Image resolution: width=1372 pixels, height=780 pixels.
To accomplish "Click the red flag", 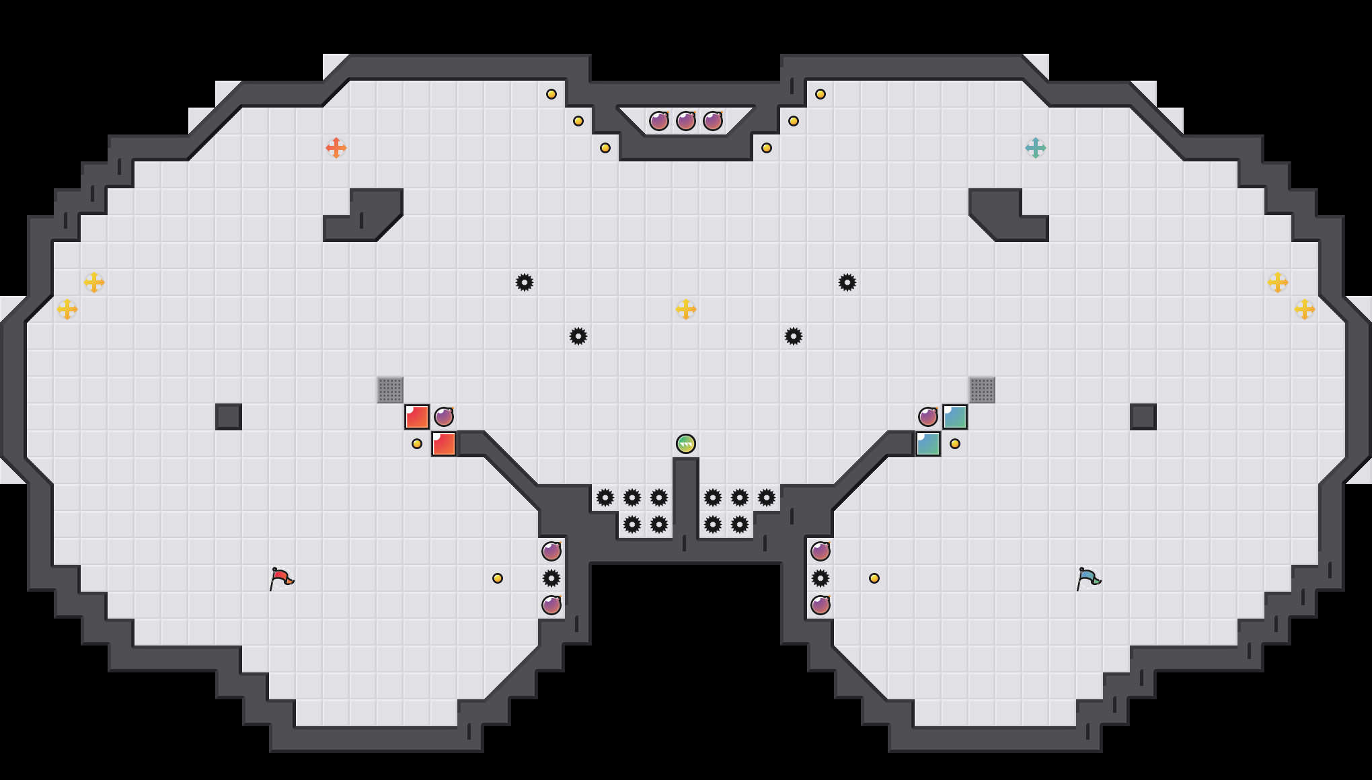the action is point(281,578).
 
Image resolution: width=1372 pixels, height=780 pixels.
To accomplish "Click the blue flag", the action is point(1088,578).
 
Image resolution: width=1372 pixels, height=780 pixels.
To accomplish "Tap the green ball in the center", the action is point(686,444).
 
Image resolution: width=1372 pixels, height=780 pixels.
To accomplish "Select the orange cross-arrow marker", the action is point(336,148).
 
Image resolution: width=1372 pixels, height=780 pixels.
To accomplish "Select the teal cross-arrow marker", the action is point(1036,148).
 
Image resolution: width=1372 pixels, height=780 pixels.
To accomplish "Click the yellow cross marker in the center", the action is point(686,309).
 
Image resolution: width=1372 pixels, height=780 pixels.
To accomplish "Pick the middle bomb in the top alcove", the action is point(686,121).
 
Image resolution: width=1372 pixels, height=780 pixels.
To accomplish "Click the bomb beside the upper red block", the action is point(444,417).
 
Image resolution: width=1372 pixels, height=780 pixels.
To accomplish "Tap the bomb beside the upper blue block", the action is point(928,417).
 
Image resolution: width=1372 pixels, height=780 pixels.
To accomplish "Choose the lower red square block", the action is point(444,444).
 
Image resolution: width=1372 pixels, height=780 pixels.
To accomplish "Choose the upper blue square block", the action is point(955,417).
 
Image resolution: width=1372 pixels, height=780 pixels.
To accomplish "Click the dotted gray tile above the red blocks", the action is point(390,390).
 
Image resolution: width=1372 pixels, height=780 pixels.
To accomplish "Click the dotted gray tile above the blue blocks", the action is point(982,390).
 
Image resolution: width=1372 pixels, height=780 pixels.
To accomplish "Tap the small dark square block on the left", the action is point(229,417).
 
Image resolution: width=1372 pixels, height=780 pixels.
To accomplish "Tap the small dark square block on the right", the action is point(1143,417).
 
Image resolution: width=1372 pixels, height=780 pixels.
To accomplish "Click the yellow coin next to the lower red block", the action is point(417,444).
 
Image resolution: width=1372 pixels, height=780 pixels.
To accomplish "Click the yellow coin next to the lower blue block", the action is point(955,444).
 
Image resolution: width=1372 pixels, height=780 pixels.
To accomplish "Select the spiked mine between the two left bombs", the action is point(551,578).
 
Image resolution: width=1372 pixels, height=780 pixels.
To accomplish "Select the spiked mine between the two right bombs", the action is point(821,578).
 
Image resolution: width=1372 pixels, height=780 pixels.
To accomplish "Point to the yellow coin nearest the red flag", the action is point(498,578).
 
